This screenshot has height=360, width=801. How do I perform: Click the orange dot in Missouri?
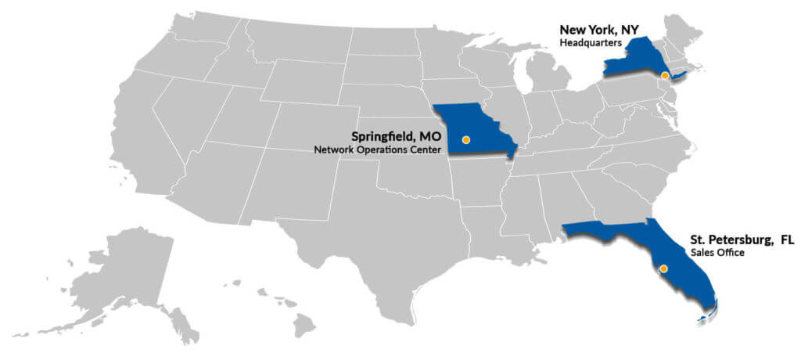click(x=466, y=139)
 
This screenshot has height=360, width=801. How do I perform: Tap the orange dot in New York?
click(x=664, y=76)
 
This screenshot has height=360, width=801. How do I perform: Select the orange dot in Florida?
click(x=663, y=268)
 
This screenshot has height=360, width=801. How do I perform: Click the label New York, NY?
click(x=598, y=30)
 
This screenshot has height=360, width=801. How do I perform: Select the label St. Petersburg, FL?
click(x=742, y=240)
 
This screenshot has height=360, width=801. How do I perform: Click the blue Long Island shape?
click(x=679, y=75)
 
